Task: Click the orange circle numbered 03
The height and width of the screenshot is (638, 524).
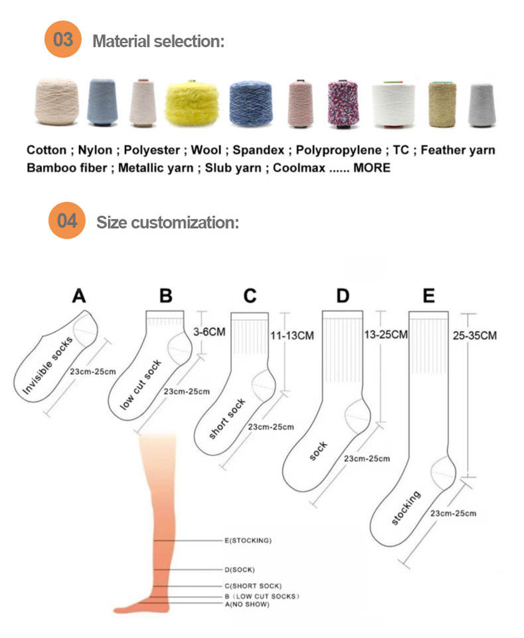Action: click(x=63, y=39)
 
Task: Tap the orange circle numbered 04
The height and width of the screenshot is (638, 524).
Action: click(x=67, y=221)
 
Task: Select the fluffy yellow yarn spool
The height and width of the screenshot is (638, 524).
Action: click(x=192, y=103)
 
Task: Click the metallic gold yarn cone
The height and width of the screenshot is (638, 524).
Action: click(x=442, y=104)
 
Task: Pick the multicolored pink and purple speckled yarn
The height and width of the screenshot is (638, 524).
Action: click(x=343, y=104)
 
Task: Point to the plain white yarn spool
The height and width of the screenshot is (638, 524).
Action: click(x=394, y=104)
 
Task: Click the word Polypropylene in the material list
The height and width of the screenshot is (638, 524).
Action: click(x=339, y=150)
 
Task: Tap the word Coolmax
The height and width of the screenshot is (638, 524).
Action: click(x=300, y=168)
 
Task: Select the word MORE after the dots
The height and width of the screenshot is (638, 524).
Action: click(x=372, y=168)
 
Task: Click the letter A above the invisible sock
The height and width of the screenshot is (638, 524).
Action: click(x=79, y=296)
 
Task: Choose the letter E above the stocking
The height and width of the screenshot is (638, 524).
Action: click(x=429, y=296)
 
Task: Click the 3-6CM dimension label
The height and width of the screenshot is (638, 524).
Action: click(x=209, y=332)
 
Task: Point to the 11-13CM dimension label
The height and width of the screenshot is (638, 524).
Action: click(x=292, y=336)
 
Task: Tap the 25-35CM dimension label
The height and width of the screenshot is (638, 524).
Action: click(x=475, y=336)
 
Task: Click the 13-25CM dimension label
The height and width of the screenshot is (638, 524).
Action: click(x=386, y=334)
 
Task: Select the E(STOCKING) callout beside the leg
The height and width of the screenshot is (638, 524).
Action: click(x=248, y=541)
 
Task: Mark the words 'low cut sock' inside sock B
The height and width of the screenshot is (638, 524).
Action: click(x=141, y=385)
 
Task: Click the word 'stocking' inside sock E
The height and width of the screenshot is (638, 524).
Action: click(x=406, y=507)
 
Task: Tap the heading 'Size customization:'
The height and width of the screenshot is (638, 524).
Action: click(x=167, y=223)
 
